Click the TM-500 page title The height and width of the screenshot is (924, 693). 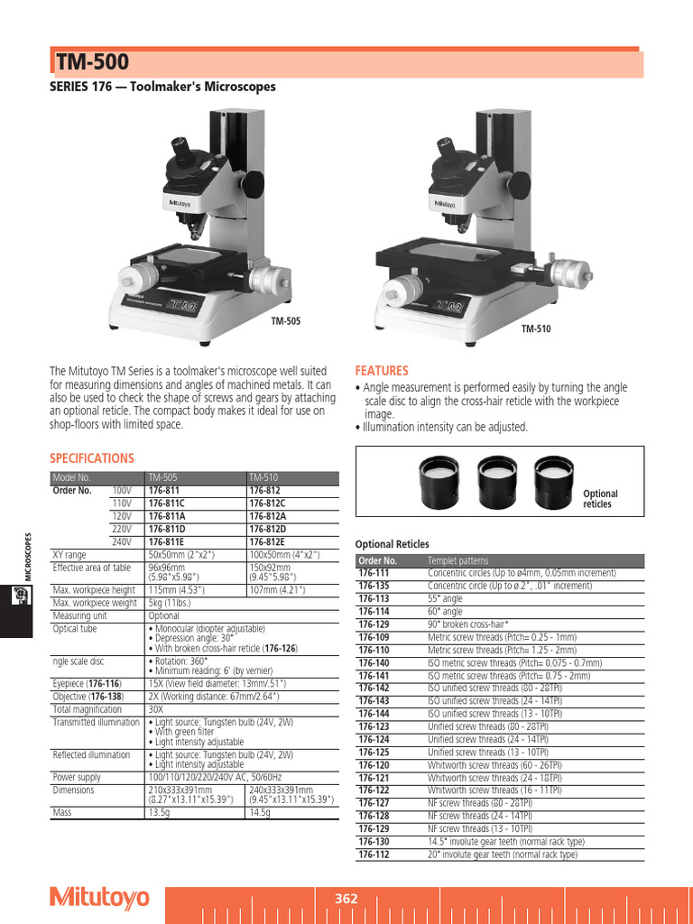coord(93,62)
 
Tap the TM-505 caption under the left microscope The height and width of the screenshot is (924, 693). coord(286,320)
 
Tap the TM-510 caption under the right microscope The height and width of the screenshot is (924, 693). coord(535,328)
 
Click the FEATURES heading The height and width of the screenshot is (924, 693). coord(382,371)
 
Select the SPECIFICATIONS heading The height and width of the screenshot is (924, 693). coord(91,458)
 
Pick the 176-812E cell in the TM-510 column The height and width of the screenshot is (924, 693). coord(267,541)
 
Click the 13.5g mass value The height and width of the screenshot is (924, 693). coord(159,813)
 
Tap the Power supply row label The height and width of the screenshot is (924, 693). coord(76,776)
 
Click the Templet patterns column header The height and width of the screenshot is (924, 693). coord(457,560)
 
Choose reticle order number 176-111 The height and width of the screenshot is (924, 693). coord(374,573)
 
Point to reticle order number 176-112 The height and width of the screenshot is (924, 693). coord(374,855)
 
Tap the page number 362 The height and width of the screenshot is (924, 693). coord(346,899)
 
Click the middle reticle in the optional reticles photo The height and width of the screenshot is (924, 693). coord(494,473)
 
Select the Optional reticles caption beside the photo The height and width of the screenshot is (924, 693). coord(600,499)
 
